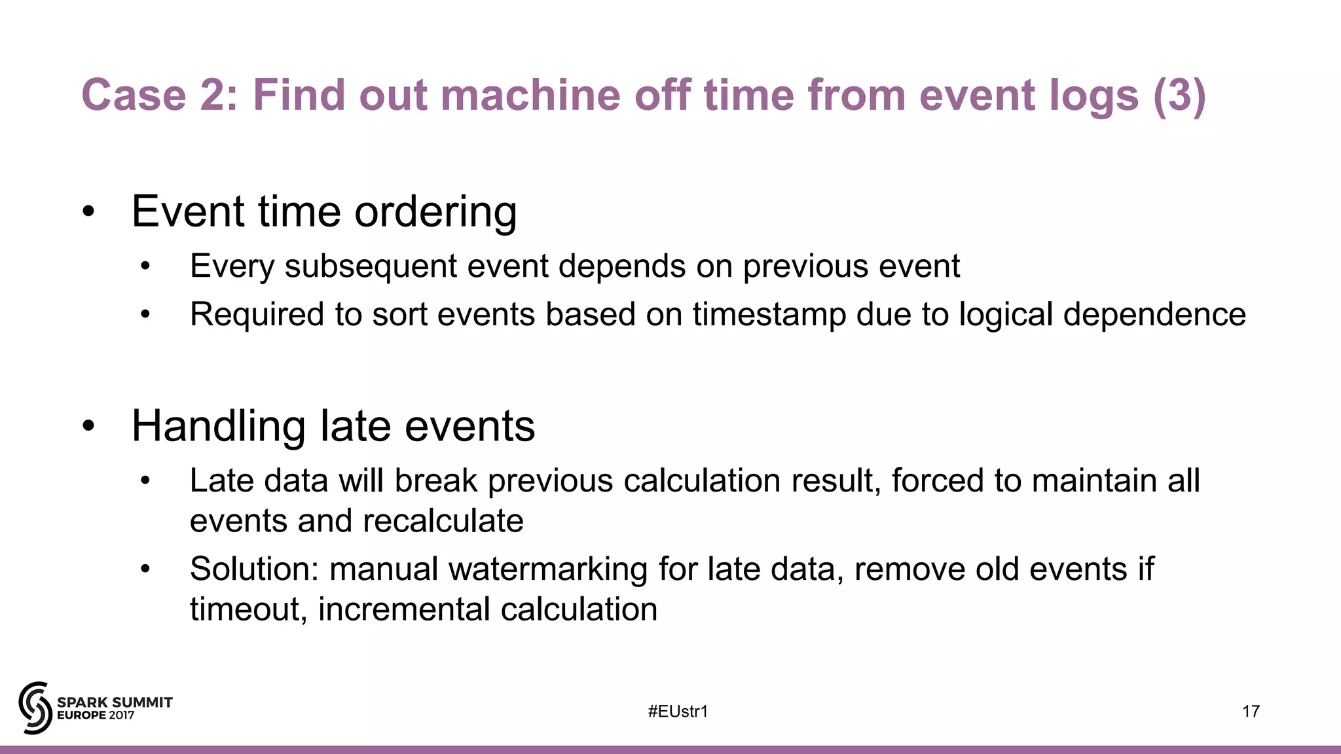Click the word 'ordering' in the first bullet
(435, 212)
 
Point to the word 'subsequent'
(371, 266)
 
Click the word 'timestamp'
(769, 315)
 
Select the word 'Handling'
(219, 426)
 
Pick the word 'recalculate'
(443, 521)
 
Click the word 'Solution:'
(254, 569)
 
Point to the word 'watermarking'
(547, 569)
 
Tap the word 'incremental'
(403, 609)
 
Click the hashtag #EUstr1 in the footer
(678, 711)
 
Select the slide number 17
(1251, 711)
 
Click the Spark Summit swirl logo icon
(35, 708)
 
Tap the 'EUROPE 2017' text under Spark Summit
(96, 715)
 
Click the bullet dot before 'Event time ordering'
(88, 212)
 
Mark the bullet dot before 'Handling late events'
(88, 426)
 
